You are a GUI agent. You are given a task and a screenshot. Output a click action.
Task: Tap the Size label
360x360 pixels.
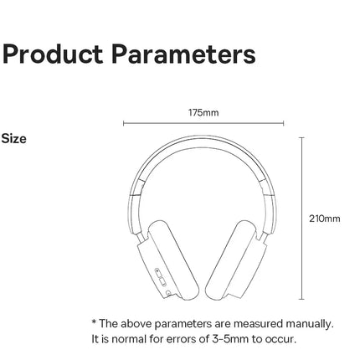14,138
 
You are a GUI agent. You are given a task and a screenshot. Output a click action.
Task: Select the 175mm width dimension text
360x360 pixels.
203,111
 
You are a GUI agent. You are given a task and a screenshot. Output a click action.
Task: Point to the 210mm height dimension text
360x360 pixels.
325,219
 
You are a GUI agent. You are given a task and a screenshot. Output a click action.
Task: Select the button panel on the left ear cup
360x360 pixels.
159,273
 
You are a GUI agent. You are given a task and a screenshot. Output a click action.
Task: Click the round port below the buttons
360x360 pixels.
170,291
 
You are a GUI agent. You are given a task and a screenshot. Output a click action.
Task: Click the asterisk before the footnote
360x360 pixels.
94,323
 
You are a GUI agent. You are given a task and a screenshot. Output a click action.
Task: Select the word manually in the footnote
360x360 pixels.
310,323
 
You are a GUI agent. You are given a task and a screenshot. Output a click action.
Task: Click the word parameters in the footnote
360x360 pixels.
177,323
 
